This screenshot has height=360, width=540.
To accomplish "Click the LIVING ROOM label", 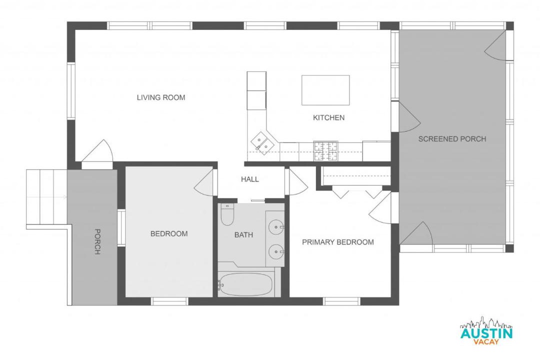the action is pos(161,97).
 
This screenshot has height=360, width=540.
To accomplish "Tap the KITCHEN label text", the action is pos(328,118).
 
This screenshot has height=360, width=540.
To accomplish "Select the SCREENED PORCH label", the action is pos(452,139).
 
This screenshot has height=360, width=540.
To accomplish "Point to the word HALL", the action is pos(249,179).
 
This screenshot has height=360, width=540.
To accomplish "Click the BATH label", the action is pos(243,235).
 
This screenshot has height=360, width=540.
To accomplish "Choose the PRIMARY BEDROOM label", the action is pos(338,242).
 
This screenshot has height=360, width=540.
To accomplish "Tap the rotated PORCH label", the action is pos(97,241).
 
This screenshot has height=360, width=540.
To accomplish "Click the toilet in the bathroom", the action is pos(227,214).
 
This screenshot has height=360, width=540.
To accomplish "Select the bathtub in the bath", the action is pos(246,284).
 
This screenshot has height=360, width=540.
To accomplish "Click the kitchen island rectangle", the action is pos(325,90).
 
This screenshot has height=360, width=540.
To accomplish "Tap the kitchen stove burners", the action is pos(325,151).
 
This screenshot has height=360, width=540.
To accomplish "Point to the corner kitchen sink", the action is pos(263,142).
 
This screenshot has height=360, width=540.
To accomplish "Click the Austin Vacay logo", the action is pos(486,330).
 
